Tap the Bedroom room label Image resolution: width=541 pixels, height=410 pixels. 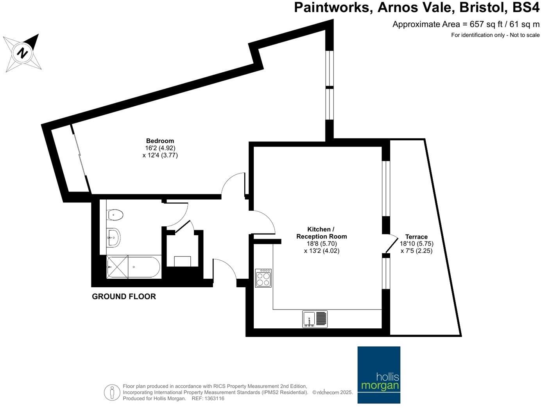160,141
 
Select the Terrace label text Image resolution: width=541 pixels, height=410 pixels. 416,237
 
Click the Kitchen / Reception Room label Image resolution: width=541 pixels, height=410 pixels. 321,233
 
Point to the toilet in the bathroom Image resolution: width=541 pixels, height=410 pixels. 115,215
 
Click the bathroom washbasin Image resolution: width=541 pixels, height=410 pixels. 113,237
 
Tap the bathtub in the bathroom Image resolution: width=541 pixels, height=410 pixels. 133,267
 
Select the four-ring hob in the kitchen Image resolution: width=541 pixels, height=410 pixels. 263,278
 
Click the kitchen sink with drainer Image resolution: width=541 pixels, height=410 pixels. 315,319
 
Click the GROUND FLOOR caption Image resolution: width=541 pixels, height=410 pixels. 124,297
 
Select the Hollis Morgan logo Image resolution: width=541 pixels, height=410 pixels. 379,374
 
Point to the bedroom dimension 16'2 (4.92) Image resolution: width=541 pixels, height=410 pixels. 160,148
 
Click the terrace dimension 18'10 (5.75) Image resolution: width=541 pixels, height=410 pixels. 416,243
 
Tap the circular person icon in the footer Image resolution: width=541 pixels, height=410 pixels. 112,392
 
